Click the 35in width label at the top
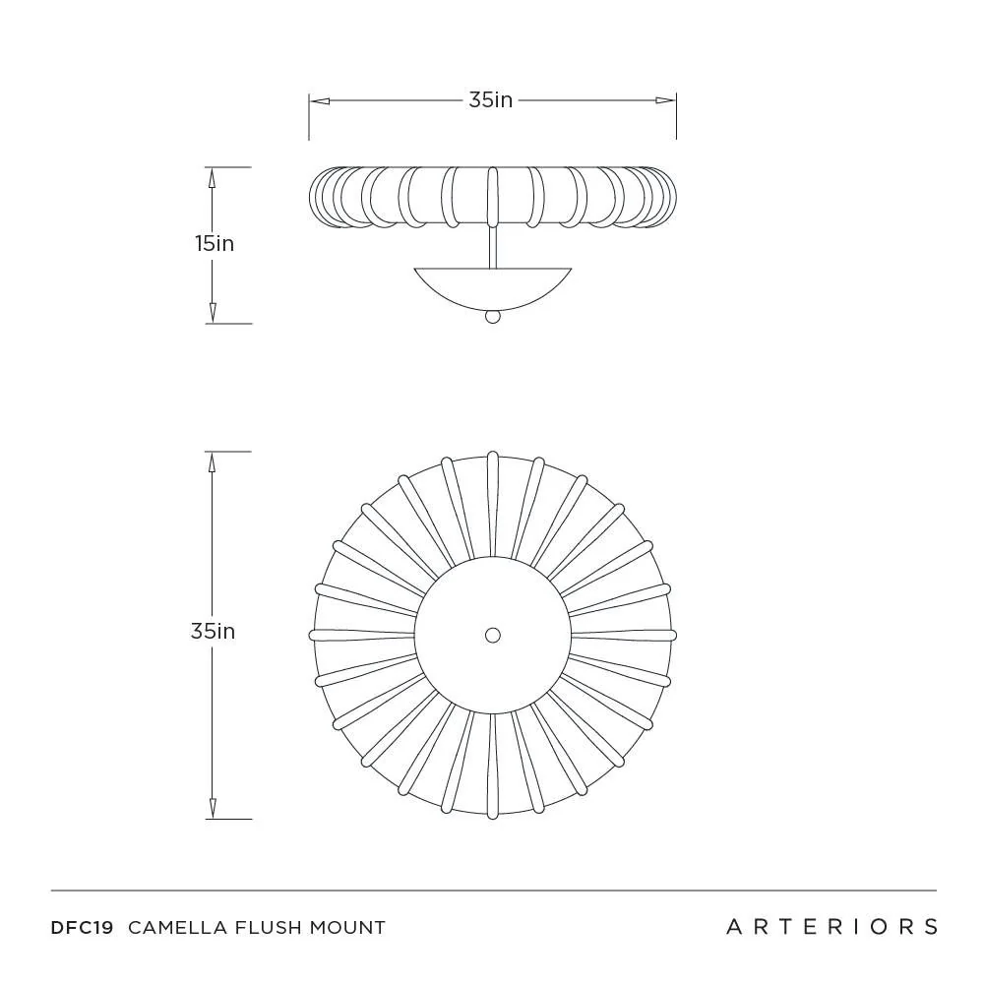(490, 99)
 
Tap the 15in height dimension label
(214, 243)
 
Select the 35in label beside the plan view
(213, 632)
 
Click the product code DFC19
(82, 927)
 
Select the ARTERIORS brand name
(831, 926)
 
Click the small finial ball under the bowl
(493, 317)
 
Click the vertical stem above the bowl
(492, 246)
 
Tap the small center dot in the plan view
(493, 635)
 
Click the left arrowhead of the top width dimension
(318, 99)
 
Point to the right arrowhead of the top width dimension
(667, 99)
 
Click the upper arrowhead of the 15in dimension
(212, 177)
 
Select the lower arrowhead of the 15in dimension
(212, 314)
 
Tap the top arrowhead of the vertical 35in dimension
(212, 462)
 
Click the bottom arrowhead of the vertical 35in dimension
(212, 809)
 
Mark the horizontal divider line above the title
(493, 891)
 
